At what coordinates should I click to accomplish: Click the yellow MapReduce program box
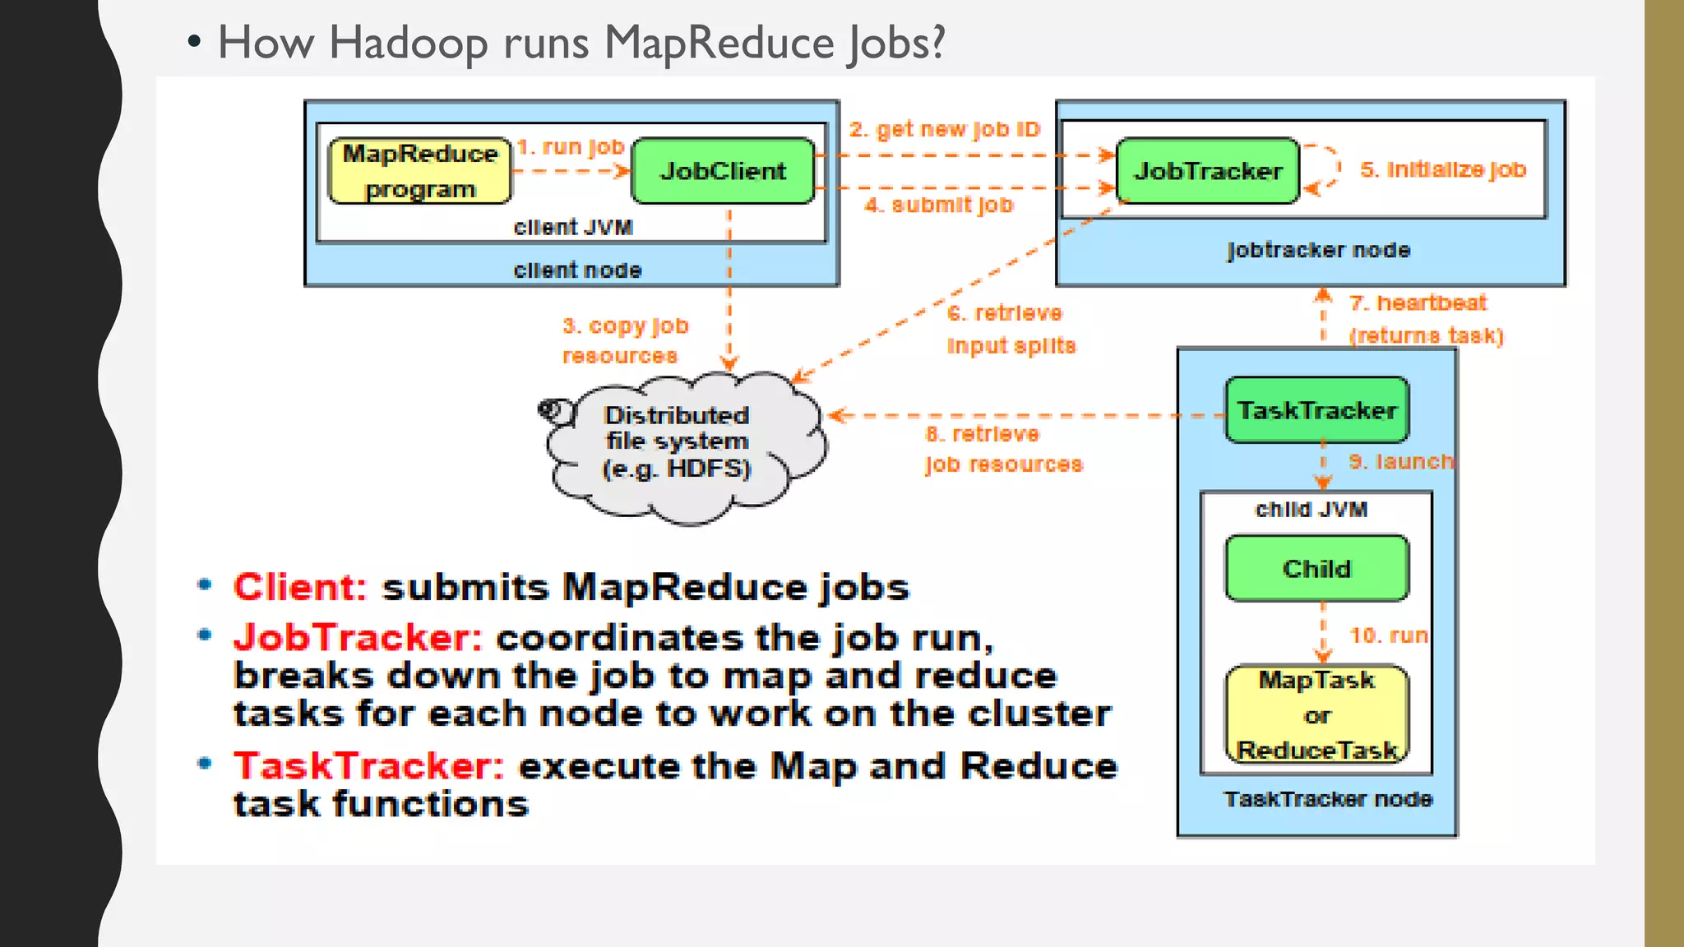[419, 171]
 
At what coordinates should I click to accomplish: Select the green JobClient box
[723, 171]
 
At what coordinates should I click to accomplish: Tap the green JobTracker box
[1207, 171]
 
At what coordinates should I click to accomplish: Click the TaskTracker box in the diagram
[1316, 410]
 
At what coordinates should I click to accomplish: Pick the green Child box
[1316, 569]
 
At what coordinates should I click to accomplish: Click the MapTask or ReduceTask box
[1316, 715]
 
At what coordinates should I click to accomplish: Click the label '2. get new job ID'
[944, 130]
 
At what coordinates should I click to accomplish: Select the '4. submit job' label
[939, 205]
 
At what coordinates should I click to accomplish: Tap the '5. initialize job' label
[1443, 170]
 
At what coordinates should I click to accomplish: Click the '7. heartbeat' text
[1418, 303]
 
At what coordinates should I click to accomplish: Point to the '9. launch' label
[1400, 462]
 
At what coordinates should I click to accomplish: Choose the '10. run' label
[1388, 635]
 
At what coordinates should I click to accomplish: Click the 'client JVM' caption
[573, 228]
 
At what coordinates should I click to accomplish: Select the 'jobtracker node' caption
[1318, 250]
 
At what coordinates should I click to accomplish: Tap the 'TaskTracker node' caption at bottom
[1328, 799]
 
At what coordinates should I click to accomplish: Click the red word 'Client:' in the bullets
[299, 588]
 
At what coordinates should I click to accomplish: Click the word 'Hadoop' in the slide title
[407, 43]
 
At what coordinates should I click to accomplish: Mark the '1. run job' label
[571, 147]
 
